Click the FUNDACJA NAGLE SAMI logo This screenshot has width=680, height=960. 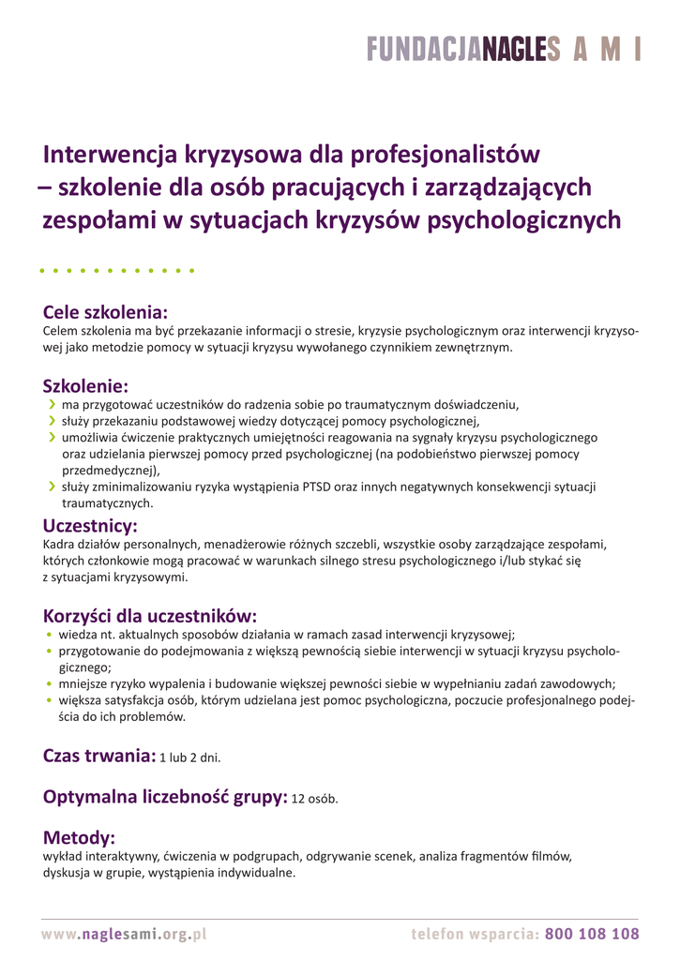coord(503,50)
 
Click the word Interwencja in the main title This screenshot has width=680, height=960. coord(109,153)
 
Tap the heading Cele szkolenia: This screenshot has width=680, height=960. coord(105,312)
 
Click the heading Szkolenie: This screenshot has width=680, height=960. coord(85,386)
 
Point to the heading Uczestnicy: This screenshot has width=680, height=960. coord(90,526)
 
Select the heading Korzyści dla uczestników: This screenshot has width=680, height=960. coord(150,616)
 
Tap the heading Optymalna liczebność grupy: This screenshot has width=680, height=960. coord(165,797)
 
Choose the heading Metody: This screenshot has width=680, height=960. coord(79,837)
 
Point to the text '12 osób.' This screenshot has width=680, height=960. coord(314,800)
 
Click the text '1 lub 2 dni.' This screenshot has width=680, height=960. coord(189,757)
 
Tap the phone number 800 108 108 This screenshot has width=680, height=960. coord(592,934)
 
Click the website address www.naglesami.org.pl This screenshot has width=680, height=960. coord(124,934)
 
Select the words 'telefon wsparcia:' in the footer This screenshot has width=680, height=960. coord(475,934)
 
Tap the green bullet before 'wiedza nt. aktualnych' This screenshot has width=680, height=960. coord(49,634)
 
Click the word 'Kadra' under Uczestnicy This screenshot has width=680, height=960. coord(59,544)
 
